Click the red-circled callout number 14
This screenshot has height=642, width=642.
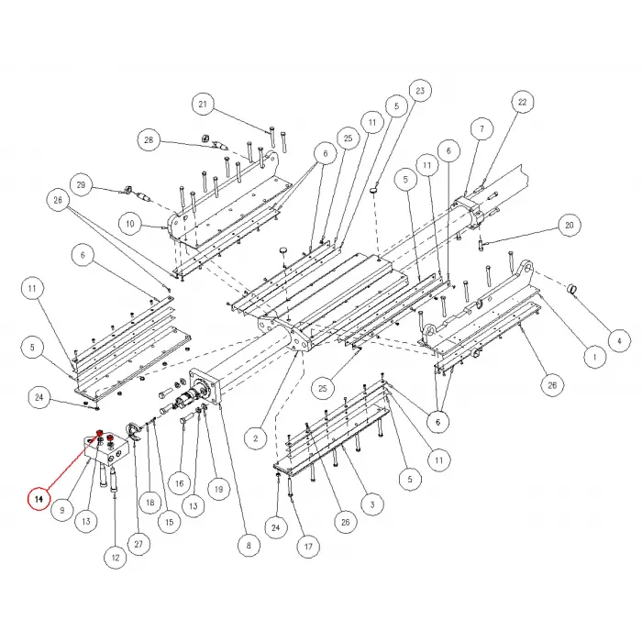pyautogui.click(x=39, y=499)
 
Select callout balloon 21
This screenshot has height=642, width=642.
pyautogui.click(x=203, y=104)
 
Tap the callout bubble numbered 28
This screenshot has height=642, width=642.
pyautogui.click(x=149, y=140)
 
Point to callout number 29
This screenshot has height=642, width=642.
pyautogui.click(x=81, y=185)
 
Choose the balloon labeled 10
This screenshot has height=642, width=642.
pyautogui.click(x=130, y=224)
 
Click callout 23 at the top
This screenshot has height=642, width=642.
pyautogui.click(x=420, y=91)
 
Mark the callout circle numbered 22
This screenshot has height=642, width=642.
pyautogui.click(x=522, y=102)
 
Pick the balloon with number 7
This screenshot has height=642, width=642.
pyautogui.click(x=481, y=129)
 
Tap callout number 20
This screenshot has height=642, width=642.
pyautogui.click(x=570, y=226)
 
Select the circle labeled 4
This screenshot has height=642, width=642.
pyautogui.click(x=619, y=341)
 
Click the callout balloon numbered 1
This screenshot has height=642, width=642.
pyautogui.click(x=594, y=357)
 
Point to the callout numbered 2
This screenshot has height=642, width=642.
pyautogui.click(x=256, y=438)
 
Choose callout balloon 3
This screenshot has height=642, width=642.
pyautogui.click(x=372, y=504)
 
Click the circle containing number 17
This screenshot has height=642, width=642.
pyautogui.click(x=308, y=547)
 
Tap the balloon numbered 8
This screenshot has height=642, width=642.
pyautogui.click(x=249, y=546)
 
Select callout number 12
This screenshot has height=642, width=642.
pyautogui.click(x=116, y=558)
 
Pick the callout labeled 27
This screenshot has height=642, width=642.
pyautogui.click(x=138, y=544)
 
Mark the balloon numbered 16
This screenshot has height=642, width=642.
pyautogui.click(x=180, y=483)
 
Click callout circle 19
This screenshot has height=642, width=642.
pyautogui.click(x=218, y=489)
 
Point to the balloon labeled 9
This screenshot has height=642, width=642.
pyautogui.click(x=62, y=510)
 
